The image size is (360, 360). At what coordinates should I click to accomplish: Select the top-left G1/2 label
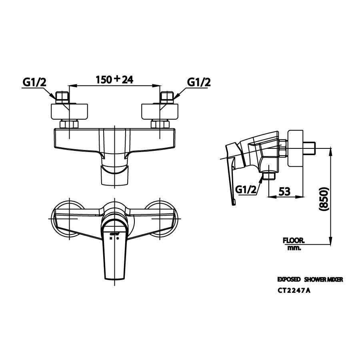coord(34,82)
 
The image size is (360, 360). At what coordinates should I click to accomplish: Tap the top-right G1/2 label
coord(199,82)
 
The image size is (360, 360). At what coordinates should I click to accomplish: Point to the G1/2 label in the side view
coord(246,189)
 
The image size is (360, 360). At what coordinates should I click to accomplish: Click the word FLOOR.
coord(294,241)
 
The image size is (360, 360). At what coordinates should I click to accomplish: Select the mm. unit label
coord(294,248)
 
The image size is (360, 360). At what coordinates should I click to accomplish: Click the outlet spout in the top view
coord(115,175)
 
